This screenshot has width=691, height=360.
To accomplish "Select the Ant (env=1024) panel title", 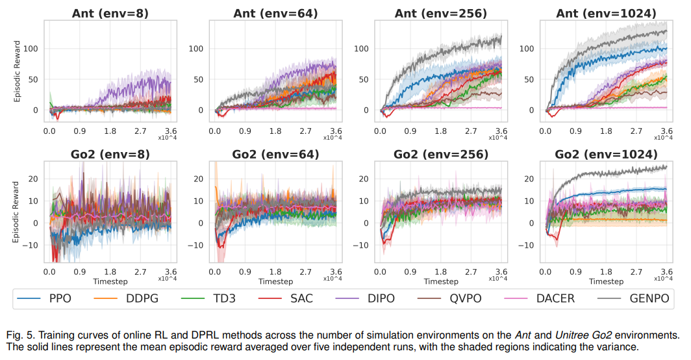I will [600, 12].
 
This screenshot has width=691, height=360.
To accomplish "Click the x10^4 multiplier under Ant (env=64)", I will [333, 137].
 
